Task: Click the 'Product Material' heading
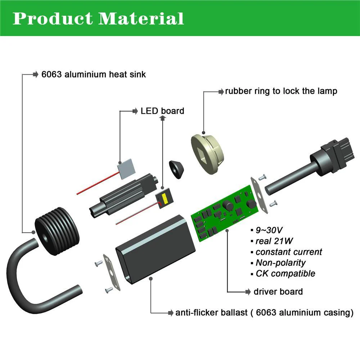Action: [98, 18]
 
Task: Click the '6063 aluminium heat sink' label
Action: [94, 75]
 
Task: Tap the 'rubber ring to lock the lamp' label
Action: [281, 91]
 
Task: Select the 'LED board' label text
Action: [162, 111]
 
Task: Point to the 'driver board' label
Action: [278, 292]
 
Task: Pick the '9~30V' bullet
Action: [269, 230]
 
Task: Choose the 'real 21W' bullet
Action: [274, 241]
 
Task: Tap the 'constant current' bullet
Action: [289, 252]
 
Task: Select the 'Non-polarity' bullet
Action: [280, 263]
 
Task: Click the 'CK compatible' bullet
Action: [285, 274]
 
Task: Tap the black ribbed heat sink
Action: [57, 231]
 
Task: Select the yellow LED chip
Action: [165, 199]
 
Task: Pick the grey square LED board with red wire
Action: [126, 169]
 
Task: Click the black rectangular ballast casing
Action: [156, 249]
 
